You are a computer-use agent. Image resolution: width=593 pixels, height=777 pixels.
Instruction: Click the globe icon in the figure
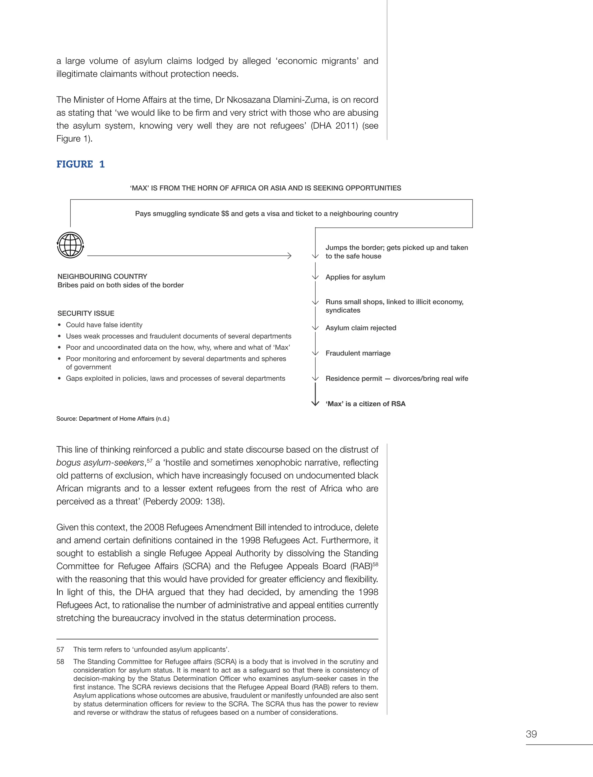click(x=70, y=245)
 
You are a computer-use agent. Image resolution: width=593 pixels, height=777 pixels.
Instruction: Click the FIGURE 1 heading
click(x=80, y=164)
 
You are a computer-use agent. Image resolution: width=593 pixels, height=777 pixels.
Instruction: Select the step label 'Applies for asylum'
click(x=355, y=277)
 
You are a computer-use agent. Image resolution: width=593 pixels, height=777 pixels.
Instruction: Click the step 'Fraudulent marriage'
click(x=358, y=353)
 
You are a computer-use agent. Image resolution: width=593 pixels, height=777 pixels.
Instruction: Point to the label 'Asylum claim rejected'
click(x=361, y=328)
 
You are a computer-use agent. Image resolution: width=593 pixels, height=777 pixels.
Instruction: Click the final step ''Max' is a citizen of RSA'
click(x=365, y=404)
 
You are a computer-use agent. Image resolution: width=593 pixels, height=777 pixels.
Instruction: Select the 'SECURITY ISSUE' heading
click(x=86, y=313)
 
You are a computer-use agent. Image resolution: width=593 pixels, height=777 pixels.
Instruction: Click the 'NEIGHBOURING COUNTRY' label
click(x=103, y=276)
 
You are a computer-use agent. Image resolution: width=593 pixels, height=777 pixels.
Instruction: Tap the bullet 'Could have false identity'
click(x=104, y=325)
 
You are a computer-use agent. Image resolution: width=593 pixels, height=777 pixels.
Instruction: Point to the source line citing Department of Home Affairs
click(x=113, y=419)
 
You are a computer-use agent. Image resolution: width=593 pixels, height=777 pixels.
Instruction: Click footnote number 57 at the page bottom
click(x=60, y=650)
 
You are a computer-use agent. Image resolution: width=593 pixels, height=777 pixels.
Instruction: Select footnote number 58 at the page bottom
click(x=60, y=661)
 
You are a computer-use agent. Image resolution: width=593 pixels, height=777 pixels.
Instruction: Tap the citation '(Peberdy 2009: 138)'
click(x=184, y=501)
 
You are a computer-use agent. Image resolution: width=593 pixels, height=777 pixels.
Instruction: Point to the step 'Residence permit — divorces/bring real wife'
click(x=397, y=379)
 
